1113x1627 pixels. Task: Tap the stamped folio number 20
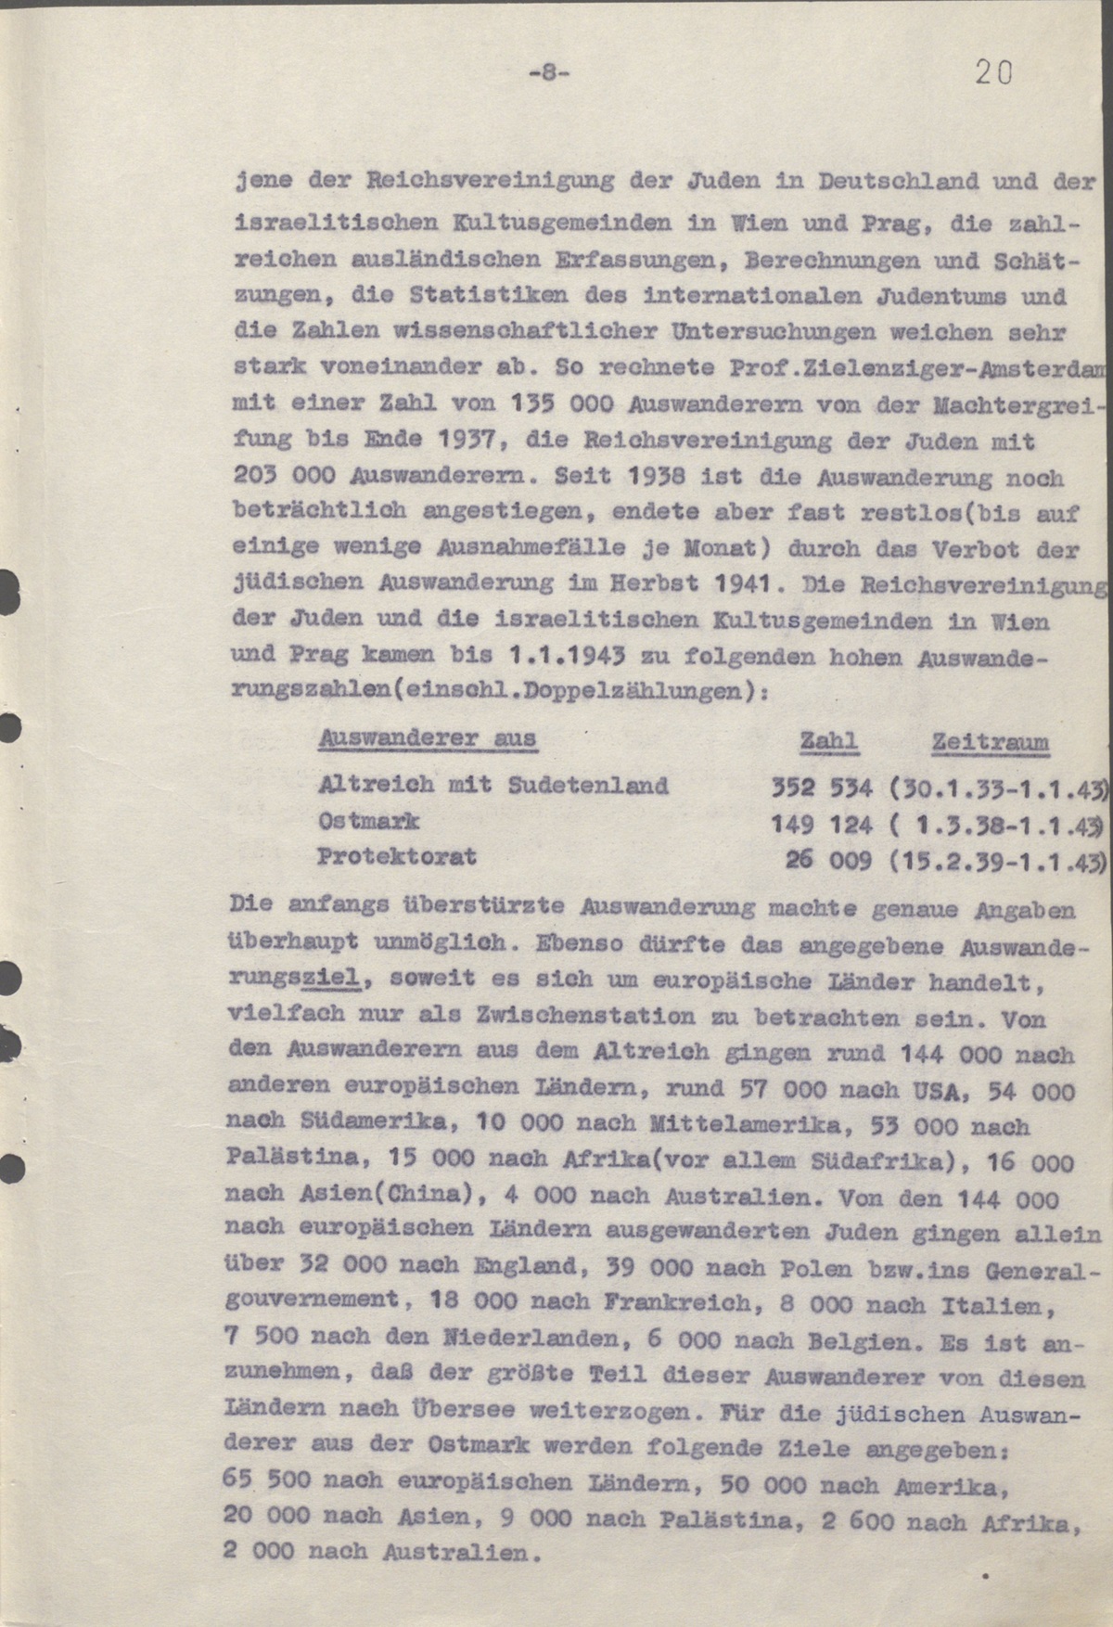(x=993, y=73)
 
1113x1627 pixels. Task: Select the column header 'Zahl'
(x=828, y=740)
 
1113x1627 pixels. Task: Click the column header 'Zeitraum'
(x=990, y=742)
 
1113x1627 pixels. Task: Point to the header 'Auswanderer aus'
(x=427, y=738)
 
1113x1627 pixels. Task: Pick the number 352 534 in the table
(x=822, y=788)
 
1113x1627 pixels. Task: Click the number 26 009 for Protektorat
(x=828, y=859)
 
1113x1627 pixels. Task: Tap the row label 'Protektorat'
(x=397, y=855)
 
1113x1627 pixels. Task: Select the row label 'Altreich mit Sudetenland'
(x=493, y=785)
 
